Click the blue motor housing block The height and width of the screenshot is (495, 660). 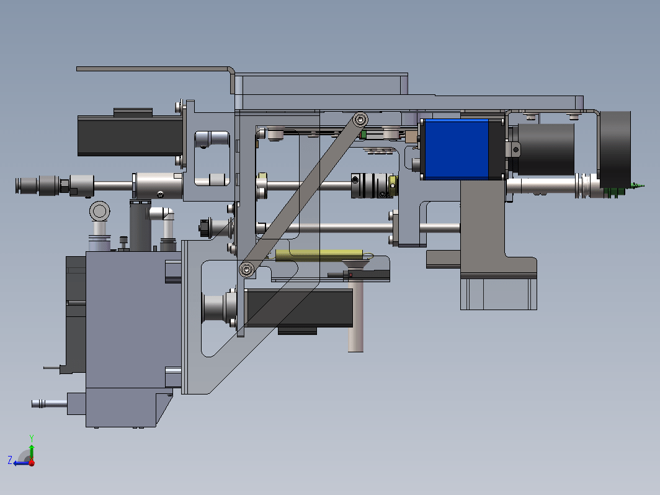click(457, 149)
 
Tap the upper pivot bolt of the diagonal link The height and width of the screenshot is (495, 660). click(360, 120)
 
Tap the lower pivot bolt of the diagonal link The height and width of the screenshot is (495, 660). click(247, 269)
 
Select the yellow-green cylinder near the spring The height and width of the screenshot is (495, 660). click(319, 254)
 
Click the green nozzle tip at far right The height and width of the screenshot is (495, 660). click(638, 185)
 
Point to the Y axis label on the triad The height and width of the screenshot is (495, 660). click(31, 438)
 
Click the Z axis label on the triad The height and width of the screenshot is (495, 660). click(10, 460)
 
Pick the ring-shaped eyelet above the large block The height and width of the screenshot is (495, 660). click(99, 211)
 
